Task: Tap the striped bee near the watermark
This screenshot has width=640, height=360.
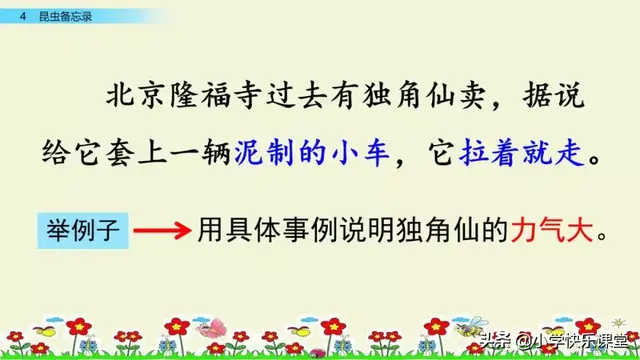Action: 466,326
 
